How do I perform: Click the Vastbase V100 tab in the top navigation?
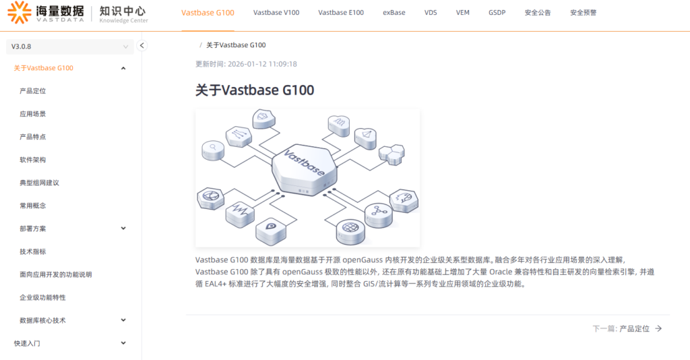276,13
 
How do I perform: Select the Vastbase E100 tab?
341,13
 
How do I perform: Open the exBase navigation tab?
394,13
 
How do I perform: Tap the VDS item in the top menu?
431,13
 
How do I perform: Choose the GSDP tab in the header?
497,13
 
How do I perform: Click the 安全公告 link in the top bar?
537,13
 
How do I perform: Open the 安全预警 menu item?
583,13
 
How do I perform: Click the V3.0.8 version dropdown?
70,47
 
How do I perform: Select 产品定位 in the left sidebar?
32,91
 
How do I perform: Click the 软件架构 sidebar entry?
32,160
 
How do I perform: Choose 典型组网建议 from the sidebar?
39,183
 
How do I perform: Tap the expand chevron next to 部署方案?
124,229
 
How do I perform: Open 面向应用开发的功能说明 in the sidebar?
55,274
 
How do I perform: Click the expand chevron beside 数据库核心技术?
124,320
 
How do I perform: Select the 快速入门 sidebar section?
27,343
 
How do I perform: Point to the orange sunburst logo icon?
20,12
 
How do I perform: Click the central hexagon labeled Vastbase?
305,169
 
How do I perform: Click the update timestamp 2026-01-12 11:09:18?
262,64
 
